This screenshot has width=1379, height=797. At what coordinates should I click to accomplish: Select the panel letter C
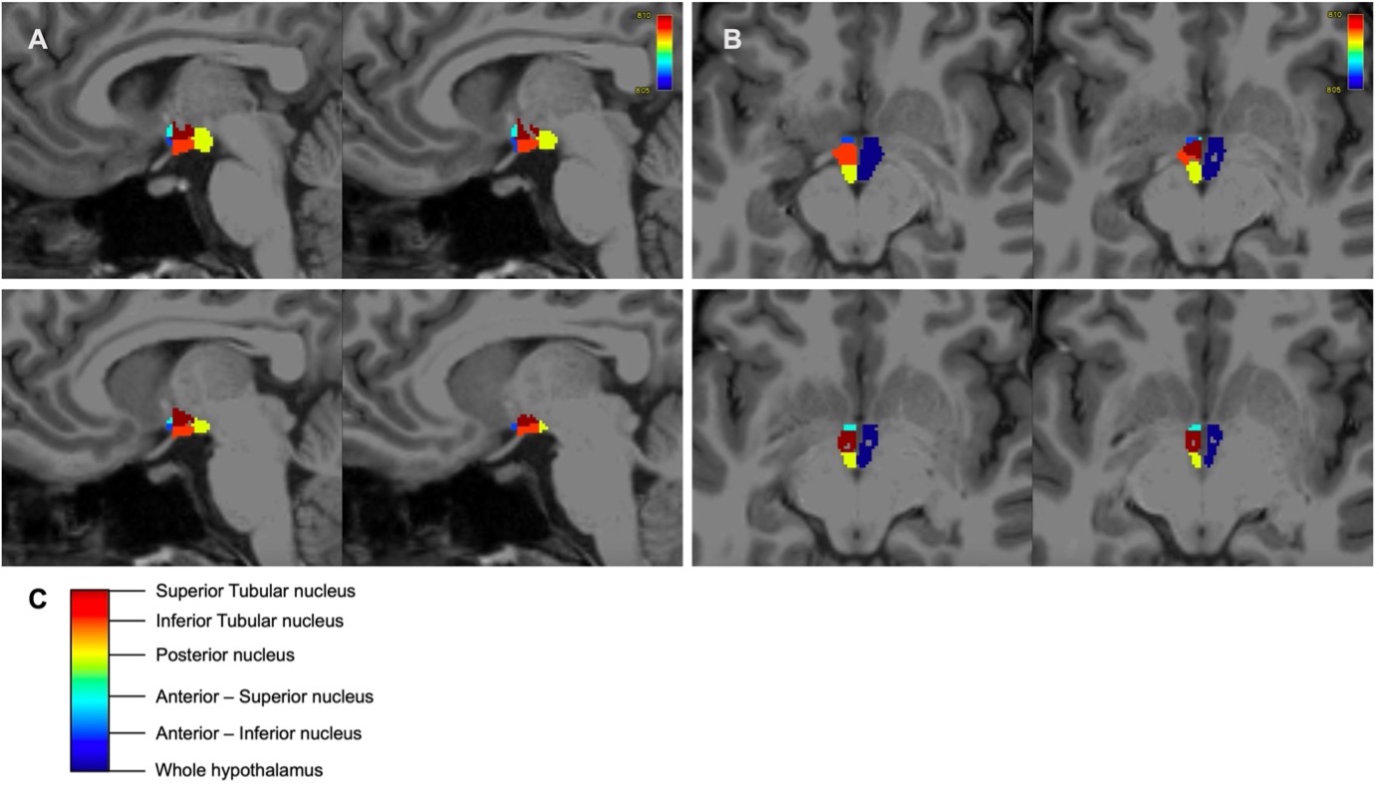click(38, 600)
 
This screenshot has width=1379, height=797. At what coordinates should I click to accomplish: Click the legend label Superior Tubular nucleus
click(255, 591)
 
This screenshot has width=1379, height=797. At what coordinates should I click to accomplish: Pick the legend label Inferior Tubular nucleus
click(249, 621)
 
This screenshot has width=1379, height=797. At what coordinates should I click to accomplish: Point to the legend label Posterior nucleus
click(225, 656)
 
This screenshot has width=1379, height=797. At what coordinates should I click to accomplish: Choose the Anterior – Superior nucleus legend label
click(264, 696)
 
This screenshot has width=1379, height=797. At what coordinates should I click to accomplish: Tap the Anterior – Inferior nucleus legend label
click(258, 733)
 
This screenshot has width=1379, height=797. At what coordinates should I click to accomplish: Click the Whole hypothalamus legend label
click(239, 770)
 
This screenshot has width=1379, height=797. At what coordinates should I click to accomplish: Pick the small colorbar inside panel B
click(1355, 53)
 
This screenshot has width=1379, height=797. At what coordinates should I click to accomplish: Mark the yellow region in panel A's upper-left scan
click(204, 140)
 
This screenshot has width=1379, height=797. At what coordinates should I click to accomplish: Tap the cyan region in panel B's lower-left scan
click(848, 427)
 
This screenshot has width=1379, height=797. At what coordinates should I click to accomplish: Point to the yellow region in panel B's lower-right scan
click(1195, 459)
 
